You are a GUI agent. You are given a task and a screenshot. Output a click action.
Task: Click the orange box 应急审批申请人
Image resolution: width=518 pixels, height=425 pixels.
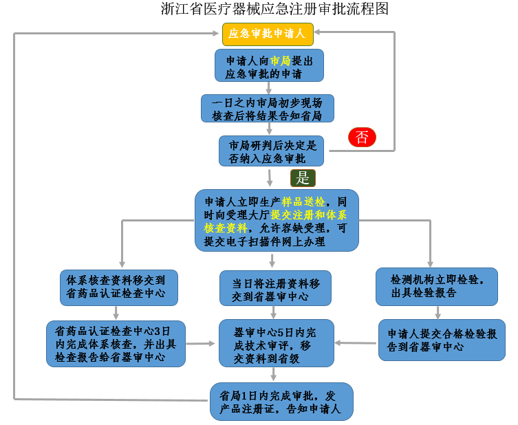pos(268,33)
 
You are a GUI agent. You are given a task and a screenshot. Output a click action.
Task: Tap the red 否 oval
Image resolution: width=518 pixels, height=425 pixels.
pos(362,138)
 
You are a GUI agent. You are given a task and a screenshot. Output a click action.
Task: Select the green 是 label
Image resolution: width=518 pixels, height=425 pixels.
pos(303,178)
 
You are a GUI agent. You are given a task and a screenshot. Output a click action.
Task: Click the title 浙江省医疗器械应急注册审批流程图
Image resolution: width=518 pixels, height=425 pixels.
pos(274,10)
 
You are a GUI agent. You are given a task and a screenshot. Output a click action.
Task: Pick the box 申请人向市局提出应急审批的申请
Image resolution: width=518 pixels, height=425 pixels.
pos(268,66)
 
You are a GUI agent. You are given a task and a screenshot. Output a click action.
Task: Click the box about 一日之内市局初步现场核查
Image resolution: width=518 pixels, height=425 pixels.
pos(267,109)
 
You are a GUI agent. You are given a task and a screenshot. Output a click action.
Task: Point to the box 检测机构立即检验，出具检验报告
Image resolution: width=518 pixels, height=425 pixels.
pos(436,286)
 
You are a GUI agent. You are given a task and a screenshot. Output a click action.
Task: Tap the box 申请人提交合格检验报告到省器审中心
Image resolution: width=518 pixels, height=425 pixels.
pos(442,340)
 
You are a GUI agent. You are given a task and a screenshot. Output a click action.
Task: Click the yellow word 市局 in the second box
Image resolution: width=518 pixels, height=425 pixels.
pos(280,60)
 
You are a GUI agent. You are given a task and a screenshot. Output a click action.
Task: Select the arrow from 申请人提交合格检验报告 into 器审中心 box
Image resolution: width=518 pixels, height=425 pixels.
pos(356,342)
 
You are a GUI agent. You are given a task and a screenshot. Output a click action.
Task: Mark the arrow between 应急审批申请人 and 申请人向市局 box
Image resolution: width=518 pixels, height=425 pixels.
pos(268,45)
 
